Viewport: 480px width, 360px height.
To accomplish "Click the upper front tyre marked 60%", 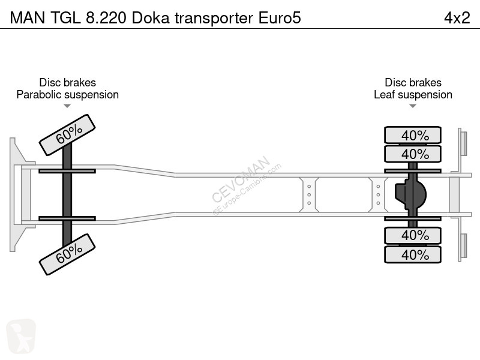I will pyautogui.click(x=67, y=135).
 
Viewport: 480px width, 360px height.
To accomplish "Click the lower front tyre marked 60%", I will pyautogui.click(x=67, y=254).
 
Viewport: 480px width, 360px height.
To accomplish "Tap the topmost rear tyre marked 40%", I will pyautogui.click(x=413, y=135).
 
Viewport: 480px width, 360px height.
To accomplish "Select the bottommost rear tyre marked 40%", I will pyautogui.click(x=413, y=254).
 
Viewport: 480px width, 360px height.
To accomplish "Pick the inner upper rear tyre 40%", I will pyautogui.click(x=413, y=154).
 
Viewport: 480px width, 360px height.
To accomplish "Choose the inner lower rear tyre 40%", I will pyautogui.click(x=413, y=235).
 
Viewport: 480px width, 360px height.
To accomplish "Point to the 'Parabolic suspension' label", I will pyautogui.click(x=67, y=95).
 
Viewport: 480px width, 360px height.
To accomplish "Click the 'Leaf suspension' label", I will pyautogui.click(x=413, y=95).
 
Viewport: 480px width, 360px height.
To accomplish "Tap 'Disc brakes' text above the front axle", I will pyautogui.click(x=67, y=83).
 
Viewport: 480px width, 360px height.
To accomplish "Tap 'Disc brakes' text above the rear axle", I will pyautogui.click(x=413, y=83).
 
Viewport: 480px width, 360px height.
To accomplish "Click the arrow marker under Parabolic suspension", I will pyautogui.click(x=67, y=106).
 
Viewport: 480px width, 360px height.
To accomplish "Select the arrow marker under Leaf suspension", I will pyautogui.click(x=413, y=106).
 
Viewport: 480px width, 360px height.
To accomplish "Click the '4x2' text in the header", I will pyautogui.click(x=457, y=18).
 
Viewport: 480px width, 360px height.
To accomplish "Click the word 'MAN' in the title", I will pyautogui.click(x=24, y=18).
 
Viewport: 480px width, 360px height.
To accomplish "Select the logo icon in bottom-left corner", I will pyautogui.click(x=21, y=335).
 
